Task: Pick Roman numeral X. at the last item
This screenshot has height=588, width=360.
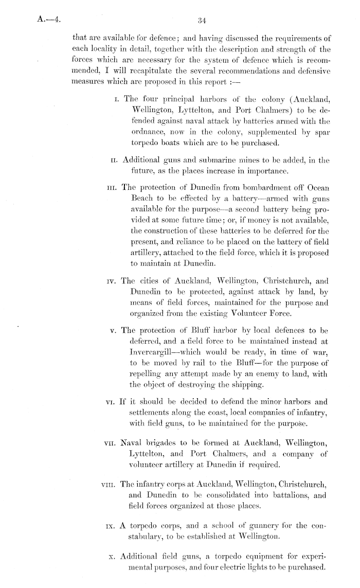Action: (114, 556)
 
